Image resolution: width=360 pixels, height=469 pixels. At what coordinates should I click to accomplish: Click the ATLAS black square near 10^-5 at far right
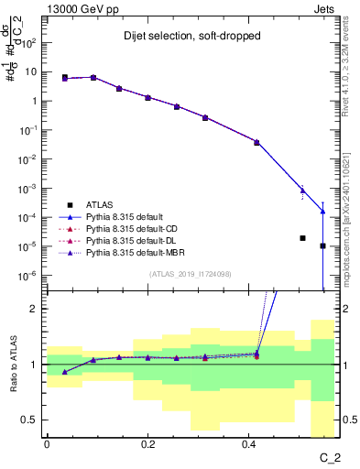point(322,245)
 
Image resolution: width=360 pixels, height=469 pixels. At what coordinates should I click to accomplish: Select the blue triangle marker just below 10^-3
point(302,191)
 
